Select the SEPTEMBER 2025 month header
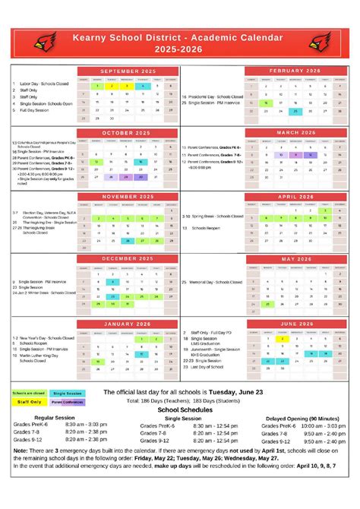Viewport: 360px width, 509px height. coord(126,70)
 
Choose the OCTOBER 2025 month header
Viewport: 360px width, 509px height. coord(126,133)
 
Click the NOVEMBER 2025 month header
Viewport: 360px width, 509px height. coord(126,196)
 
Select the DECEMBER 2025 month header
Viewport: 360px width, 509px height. coord(126,259)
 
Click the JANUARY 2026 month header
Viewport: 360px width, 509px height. coord(126,323)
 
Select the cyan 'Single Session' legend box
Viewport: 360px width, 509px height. coord(67,393)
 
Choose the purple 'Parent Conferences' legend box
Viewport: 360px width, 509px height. coord(67,402)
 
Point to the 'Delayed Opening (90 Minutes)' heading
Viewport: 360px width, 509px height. coord(302,418)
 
